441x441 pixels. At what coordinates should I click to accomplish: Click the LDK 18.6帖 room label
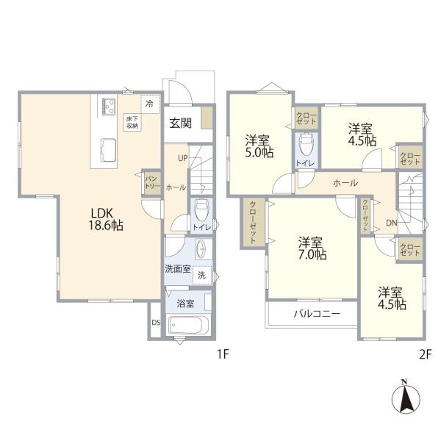coord(106,219)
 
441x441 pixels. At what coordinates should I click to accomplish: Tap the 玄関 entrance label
coord(181,123)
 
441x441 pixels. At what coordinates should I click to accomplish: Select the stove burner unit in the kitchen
coord(109,107)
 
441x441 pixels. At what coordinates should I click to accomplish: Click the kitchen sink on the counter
coord(108,150)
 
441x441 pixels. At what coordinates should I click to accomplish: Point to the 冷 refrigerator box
coord(151,104)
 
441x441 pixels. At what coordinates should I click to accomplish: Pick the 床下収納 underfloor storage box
coord(132,122)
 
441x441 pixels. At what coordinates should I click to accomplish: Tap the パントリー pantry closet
coord(152,182)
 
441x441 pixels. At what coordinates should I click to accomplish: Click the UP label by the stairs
coord(183,158)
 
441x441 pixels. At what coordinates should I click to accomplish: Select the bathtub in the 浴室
coord(188,325)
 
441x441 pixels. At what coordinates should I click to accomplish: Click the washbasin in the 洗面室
coord(201,249)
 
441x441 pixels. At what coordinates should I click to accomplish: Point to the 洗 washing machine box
coord(202,276)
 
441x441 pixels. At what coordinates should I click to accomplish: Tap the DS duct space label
coord(156,323)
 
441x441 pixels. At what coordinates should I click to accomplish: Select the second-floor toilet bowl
coord(306,144)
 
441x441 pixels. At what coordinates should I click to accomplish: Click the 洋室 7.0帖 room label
coord(312,248)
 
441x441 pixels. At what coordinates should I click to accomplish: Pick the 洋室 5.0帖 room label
coord(259,146)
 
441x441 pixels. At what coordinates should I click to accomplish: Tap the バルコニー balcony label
coord(317,313)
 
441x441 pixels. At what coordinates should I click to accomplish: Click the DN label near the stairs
coord(392,223)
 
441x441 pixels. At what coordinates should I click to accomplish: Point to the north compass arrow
coord(406,398)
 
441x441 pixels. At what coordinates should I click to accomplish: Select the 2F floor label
coord(425,354)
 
